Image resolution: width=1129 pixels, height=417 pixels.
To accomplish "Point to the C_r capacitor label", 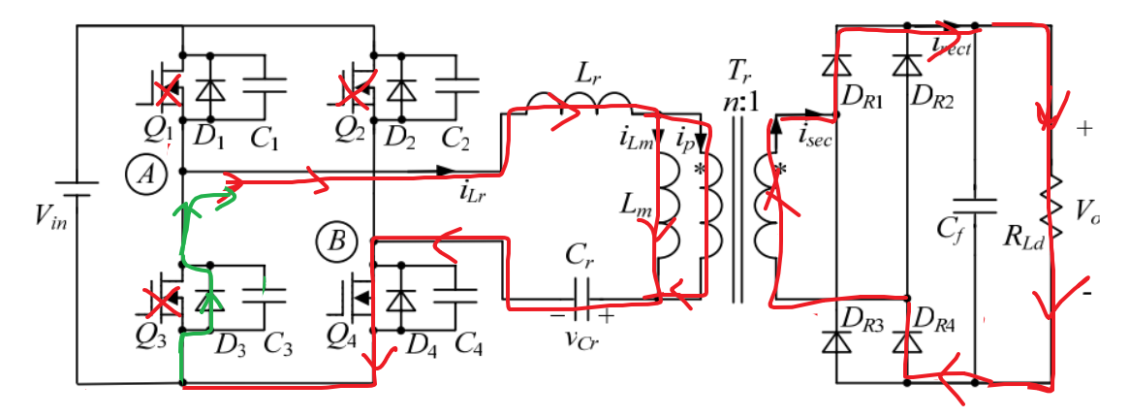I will tap(580, 259).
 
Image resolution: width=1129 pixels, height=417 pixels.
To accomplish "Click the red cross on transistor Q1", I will tap(169, 93).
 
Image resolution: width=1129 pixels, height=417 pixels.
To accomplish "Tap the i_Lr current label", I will tap(472, 191).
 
